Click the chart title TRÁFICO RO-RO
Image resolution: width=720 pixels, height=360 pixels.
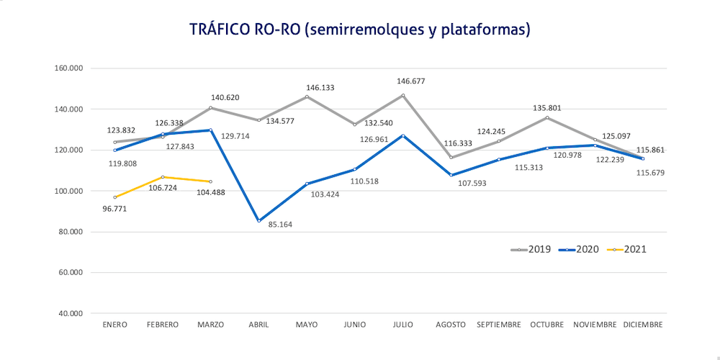[360, 30]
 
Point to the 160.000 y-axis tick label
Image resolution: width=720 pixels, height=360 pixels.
[70, 68]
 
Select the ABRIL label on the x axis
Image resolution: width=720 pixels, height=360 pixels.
[258, 325]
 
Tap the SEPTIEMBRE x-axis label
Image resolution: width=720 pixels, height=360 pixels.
[498, 325]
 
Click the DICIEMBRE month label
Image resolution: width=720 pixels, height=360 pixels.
[643, 325]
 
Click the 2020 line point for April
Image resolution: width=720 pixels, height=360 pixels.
[258, 221]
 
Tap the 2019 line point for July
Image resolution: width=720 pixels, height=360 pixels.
[402, 95]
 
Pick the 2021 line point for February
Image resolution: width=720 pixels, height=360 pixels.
[163, 177]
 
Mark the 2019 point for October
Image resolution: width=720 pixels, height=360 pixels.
[546, 117]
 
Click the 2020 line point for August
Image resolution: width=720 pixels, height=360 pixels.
[451, 175]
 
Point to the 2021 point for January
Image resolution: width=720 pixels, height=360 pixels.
[114, 197]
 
